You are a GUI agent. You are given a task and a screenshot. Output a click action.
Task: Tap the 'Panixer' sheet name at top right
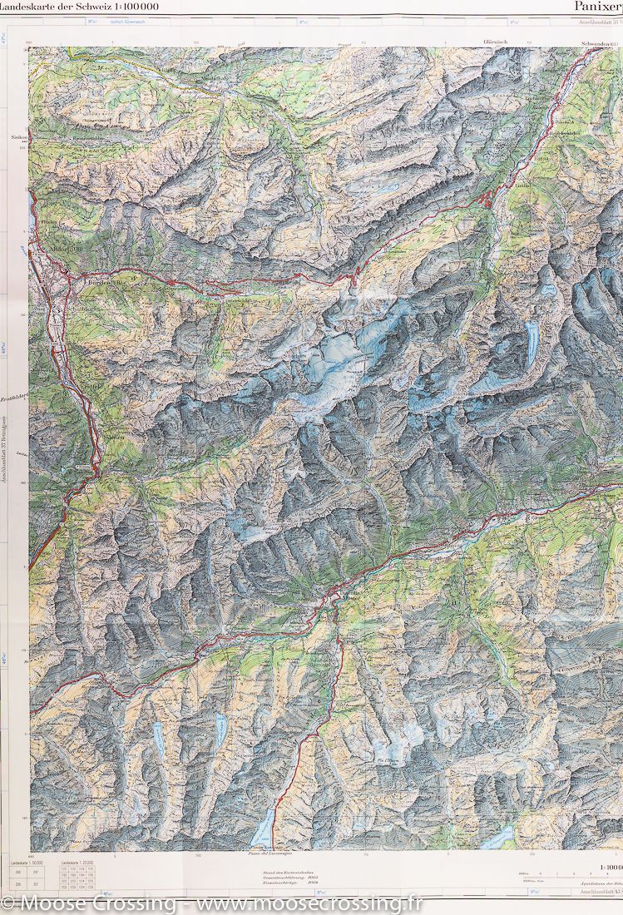(x=597, y=7)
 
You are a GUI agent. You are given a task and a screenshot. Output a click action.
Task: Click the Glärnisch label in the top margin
(x=494, y=41)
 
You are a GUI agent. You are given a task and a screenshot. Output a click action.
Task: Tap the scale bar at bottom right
(x=549, y=875)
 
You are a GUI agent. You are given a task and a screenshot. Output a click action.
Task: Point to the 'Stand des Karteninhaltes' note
(x=283, y=870)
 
